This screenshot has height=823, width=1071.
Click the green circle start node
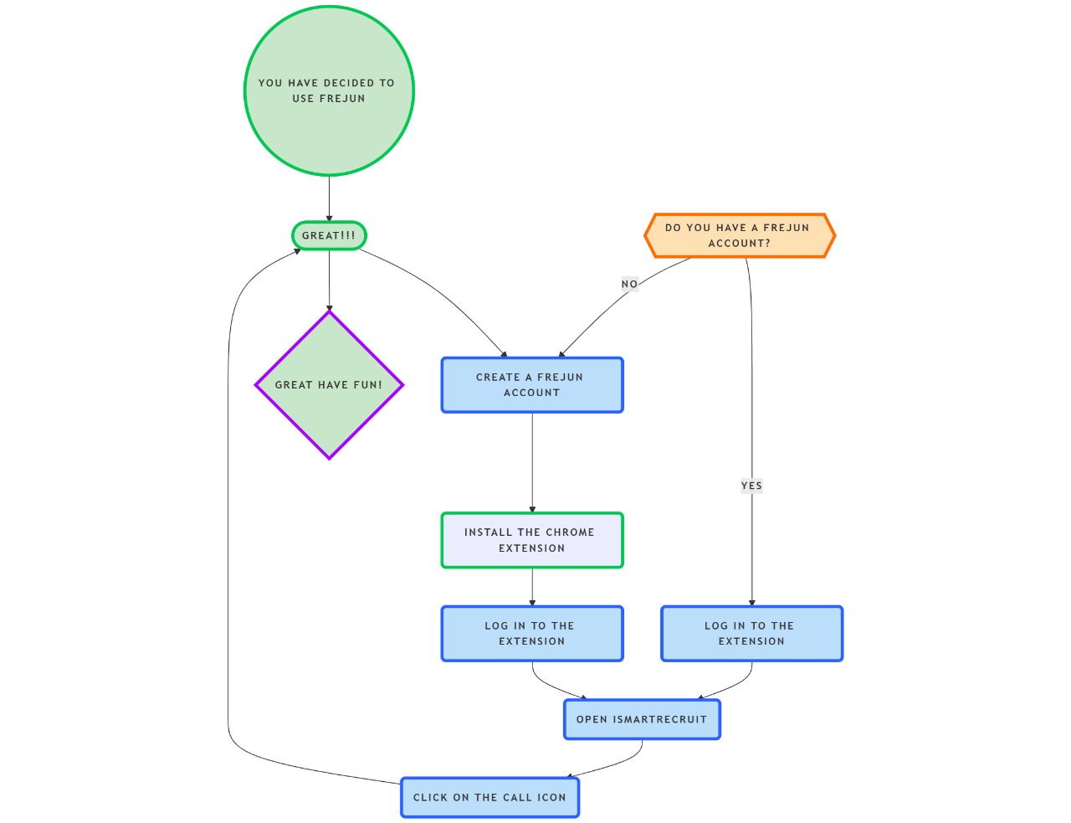pyautogui.click(x=329, y=126)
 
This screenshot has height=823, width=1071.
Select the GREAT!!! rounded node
pyautogui.click(x=329, y=235)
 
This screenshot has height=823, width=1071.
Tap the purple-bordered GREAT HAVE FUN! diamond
pyautogui.click(x=329, y=410)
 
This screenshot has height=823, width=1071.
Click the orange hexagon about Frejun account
pyautogui.click(x=740, y=235)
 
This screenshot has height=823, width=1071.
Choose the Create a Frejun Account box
pyautogui.click(x=532, y=385)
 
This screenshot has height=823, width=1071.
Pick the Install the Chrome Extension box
pyautogui.click(x=532, y=540)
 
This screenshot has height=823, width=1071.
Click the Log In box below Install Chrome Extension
pyautogui.click(x=532, y=634)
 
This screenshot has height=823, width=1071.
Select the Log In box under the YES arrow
pyautogui.click(x=751, y=634)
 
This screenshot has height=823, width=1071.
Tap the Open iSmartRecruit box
pyautogui.click(x=642, y=719)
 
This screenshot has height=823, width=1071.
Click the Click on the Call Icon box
pyautogui.click(x=489, y=797)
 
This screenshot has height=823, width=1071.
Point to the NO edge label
pyautogui.click(x=629, y=285)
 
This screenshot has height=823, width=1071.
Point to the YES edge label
pyautogui.click(x=751, y=486)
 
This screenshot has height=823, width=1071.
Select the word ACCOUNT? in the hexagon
pyautogui.click(x=740, y=244)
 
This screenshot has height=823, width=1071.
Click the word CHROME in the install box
pyautogui.click(x=570, y=532)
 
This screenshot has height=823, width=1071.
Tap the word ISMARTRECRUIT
pyautogui.click(x=660, y=719)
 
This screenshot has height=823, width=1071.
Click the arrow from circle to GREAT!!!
pyautogui.click(x=329, y=198)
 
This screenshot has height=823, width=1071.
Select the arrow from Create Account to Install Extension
pyautogui.click(x=532, y=460)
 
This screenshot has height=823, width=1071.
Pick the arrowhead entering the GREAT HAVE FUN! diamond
pyautogui.click(x=329, y=308)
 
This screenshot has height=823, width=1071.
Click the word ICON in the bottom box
pyautogui.click(x=551, y=798)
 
